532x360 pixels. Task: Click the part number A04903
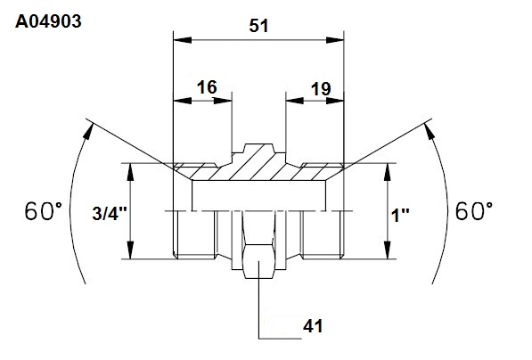[x=48, y=21]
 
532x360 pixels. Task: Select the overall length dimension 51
[x=258, y=26]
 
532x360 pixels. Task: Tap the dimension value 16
[x=207, y=87]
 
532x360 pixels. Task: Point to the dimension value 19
[x=321, y=89]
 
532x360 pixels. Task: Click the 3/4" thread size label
[x=110, y=214]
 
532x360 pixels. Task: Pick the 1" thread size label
[x=400, y=215]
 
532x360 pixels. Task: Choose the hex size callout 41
[x=313, y=326]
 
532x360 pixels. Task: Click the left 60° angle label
[x=44, y=211]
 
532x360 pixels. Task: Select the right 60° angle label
[x=474, y=211]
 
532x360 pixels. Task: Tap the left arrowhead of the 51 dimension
[x=182, y=40]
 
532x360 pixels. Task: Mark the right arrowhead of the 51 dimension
[x=335, y=40]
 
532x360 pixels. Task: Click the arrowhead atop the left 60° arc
[x=88, y=131]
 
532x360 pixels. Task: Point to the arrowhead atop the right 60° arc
[x=430, y=131]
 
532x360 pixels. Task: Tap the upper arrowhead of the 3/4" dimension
[x=130, y=172]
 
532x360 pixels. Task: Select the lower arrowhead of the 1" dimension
[x=388, y=250]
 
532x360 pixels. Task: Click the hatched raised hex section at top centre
[x=259, y=162]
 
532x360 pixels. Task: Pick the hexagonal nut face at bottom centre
[x=258, y=261]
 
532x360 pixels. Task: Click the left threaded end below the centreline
[x=194, y=234]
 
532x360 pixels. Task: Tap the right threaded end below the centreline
[x=323, y=234]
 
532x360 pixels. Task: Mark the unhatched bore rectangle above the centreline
[x=259, y=196]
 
